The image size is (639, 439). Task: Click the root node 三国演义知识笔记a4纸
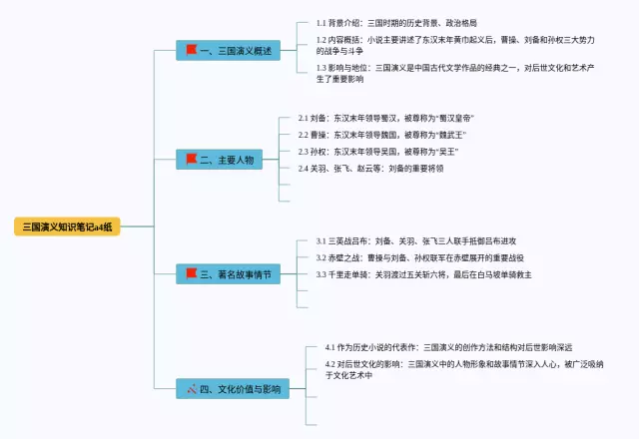point(67,226)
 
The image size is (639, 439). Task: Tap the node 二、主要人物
point(221,160)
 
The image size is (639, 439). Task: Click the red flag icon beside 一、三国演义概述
point(191,48)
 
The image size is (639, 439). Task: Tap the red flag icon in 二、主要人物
point(191,160)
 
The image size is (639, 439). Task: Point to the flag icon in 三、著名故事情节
point(191,272)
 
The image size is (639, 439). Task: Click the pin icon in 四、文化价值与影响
point(191,387)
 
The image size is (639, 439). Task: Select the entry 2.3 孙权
point(378,152)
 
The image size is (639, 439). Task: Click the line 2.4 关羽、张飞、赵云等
point(370,169)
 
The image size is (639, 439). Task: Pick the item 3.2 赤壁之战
point(419,257)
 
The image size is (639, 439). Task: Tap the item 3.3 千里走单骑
point(423,274)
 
